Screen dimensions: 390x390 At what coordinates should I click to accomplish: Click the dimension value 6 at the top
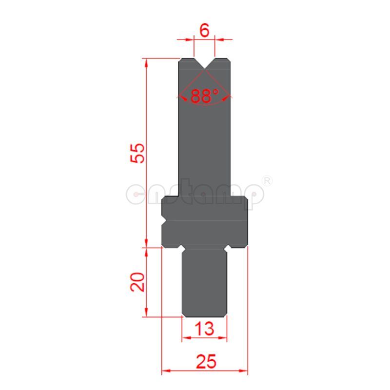(204, 30)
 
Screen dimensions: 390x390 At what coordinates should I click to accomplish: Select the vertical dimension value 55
(138, 153)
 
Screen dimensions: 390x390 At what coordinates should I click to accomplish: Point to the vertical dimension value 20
(138, 282)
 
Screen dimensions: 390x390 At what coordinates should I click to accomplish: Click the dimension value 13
(204, 329)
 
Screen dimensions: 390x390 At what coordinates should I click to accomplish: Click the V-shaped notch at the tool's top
(204, 64)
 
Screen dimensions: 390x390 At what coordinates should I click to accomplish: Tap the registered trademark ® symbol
(267, 181)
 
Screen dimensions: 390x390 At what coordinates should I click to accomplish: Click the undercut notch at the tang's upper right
(227, 249)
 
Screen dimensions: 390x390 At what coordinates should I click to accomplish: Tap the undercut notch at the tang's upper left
(181, 249)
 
